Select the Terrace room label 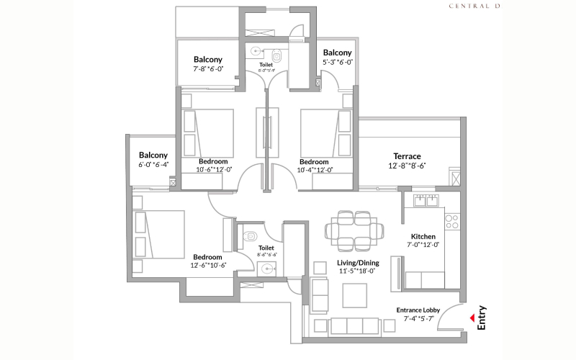click(407, 156)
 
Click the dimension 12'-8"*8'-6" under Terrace click(407, 166)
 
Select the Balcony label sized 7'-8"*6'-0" click(208, 60)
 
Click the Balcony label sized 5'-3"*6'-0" click(337, 53)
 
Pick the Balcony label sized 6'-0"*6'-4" click(153, 155)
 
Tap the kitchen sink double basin click(427, 201)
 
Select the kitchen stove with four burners click(452, 222)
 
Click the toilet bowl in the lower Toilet click(248, 235)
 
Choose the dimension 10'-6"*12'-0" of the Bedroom click(214, 170)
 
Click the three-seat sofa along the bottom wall click(353, 326)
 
